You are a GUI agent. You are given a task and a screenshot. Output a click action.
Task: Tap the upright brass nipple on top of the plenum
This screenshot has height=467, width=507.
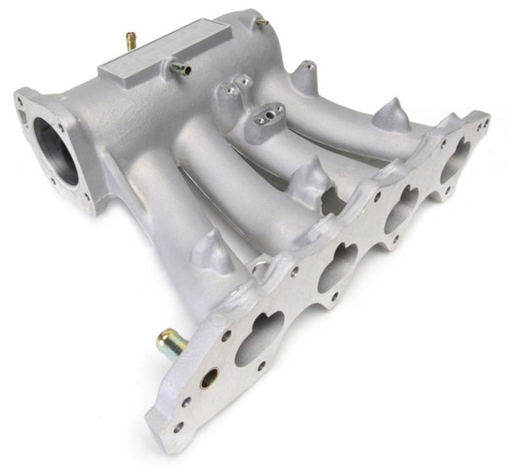click(131, 40)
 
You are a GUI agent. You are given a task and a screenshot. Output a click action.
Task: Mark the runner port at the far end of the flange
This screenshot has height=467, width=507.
click(459, 157)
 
